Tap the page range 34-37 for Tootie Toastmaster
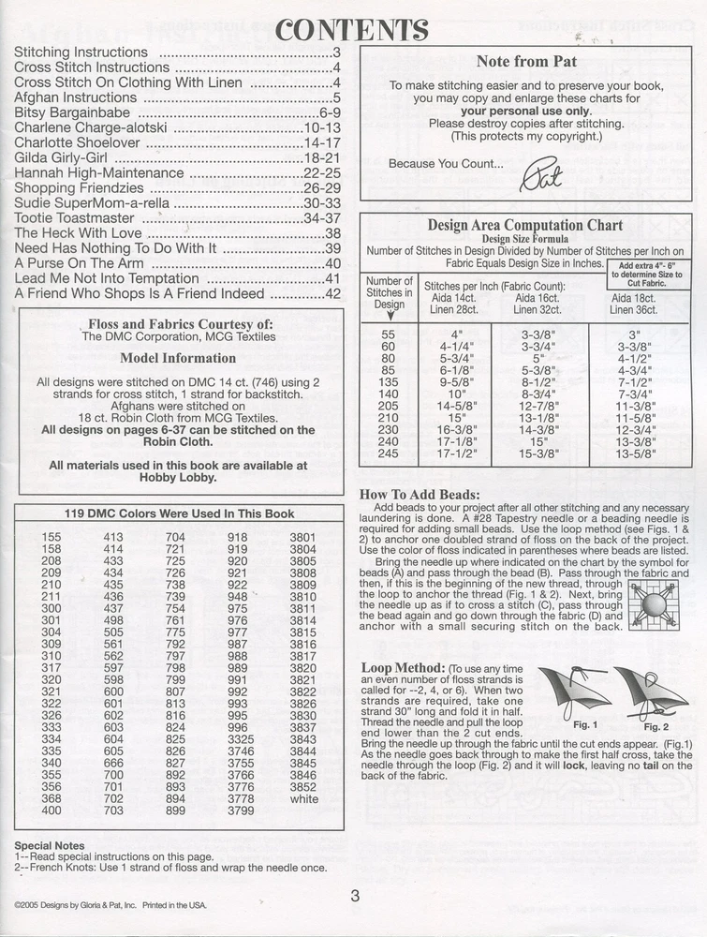(x=321, y=217)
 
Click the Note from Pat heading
(x=526, y=62)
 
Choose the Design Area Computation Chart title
(x=524, y=225)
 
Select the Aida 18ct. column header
(x=633, y=298)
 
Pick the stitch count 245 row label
(x=388, y=454)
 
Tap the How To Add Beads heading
(x=420, y=494)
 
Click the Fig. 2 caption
(x=655, y=726)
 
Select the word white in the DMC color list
(x=304, y=799)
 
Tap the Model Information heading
(x=178, y=358)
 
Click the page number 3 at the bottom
(x=355, y=896)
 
